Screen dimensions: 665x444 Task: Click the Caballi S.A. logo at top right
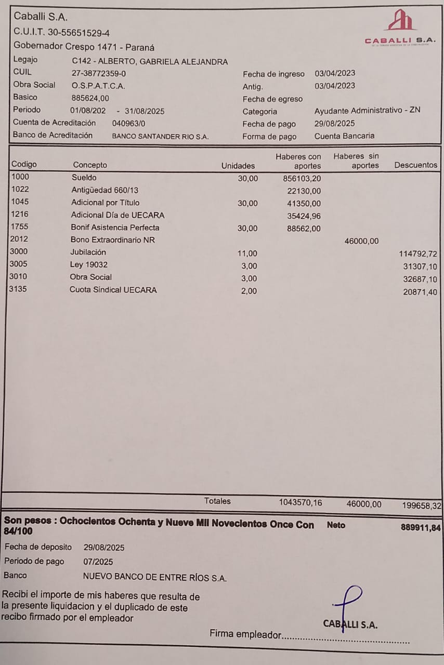point(400,28)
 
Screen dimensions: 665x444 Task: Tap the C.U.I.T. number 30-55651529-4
point(79,32)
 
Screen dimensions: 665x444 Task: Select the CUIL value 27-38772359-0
point(99,74)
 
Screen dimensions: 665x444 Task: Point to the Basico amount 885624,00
point(90,98)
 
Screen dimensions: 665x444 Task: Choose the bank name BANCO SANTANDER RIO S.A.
point(160,137)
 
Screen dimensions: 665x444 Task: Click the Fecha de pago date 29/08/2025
point(335,124)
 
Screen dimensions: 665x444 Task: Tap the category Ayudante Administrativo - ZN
point(367,111)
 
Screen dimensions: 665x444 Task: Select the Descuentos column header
point(416,165)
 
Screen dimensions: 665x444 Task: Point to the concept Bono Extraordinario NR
point(113,240)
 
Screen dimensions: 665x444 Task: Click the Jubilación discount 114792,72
point(417,254)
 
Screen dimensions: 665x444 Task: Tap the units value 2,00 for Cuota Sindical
point(249,291)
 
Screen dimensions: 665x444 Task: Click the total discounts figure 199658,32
point(422,506)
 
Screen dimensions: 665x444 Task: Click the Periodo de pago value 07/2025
point(98,562)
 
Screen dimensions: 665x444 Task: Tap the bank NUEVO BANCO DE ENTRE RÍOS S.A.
point(155,577)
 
